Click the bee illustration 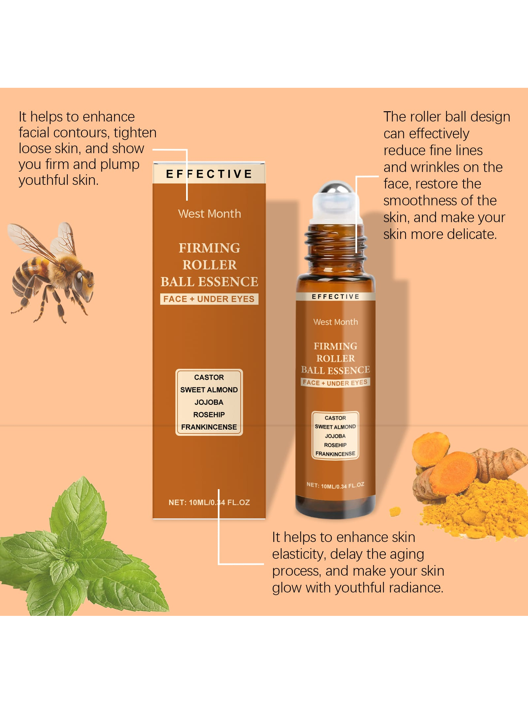tap(51, 272)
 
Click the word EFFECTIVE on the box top tap(209, 174)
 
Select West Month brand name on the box tap(210, 214)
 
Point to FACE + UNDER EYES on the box tap(209, 299)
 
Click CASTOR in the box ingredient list tap(209, 377)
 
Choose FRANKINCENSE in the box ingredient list tap(209, 427)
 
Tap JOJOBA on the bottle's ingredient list tap(335, 436)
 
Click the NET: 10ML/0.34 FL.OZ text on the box tap(209, 502)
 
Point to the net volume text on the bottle tap(335, 486)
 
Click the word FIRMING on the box tap(210, 248)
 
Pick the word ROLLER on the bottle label tap(336, 358)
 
